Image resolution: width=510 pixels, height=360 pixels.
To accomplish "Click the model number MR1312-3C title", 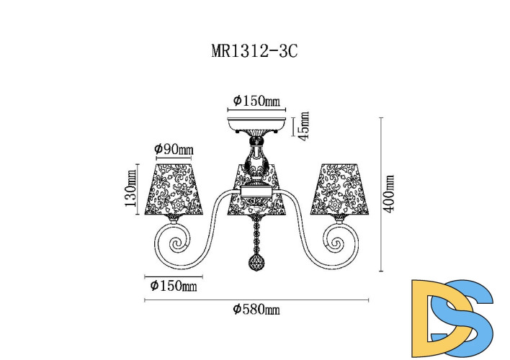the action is click(254, 51).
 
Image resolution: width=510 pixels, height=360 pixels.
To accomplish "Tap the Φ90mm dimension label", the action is click(174, 149).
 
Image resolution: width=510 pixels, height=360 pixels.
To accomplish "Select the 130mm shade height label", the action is click(131, 189).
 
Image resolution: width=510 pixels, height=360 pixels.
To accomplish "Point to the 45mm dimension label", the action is click(304, 126).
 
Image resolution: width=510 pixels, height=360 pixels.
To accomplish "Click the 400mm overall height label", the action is click(389, 194).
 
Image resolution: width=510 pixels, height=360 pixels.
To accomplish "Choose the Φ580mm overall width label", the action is click(256, 309).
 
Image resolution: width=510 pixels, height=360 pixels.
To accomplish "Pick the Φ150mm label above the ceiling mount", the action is click(256, 101).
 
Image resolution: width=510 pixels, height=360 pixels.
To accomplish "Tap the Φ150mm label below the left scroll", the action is click(174, 286).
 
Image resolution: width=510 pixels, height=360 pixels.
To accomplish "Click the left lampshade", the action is click(174, 189).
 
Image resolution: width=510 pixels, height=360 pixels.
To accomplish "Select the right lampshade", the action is click(339, 189).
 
